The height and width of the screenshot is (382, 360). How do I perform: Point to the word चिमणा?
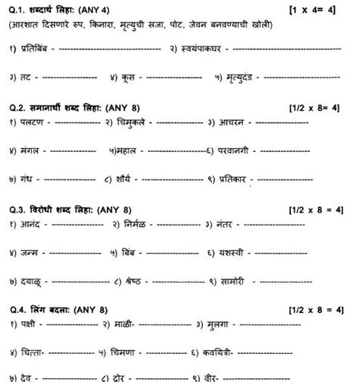tap(136, 352)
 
